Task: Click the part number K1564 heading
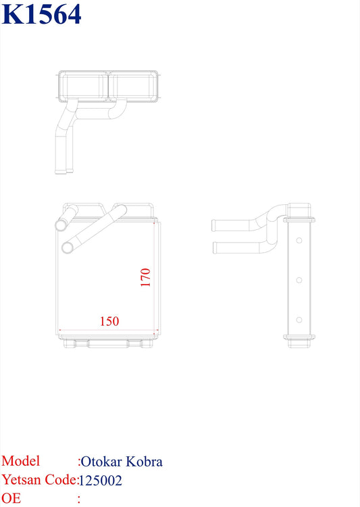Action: [x=42, y=14]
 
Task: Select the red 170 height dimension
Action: [x=145, y=278]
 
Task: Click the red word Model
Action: [x=20, y=461]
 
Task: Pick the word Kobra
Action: [x=145, y=462]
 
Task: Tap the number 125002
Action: [x=101, y=481]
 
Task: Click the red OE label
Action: [x=11, y=499]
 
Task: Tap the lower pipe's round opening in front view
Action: [x=67, y=248]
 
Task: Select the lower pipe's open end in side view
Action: [x=215, y=247]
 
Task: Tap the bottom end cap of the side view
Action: [x=299, y=342]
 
